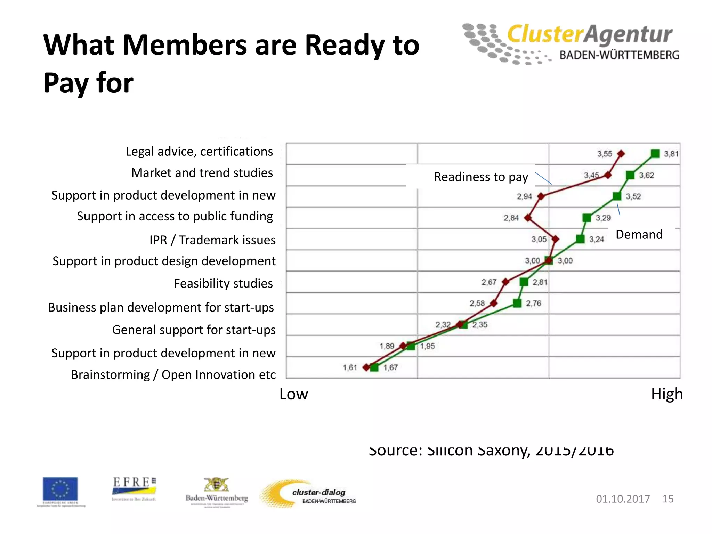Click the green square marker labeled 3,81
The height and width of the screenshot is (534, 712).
(x=655, y=153)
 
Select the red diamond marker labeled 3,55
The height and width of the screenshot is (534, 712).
(x=621, y=153)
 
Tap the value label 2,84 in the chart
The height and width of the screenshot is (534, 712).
(x=511, y=218)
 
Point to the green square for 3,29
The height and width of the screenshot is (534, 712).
(x=587, y=218)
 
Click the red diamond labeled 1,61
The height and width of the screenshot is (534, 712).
(x=366, y=367)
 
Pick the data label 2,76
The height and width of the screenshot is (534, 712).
(x=533, y=303)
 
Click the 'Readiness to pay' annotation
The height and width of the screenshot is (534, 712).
(x=481, y=177)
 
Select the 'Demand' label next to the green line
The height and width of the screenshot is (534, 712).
(x=639, y=234)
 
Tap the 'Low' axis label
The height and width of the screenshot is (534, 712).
(x=293, y=394)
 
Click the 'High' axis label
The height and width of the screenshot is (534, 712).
(x=667, y=394)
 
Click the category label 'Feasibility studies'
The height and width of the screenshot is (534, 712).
(x=223, y=283)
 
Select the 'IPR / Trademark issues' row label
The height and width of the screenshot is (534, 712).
(x=212, y=240)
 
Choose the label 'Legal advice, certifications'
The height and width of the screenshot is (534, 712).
(x=199, y=152)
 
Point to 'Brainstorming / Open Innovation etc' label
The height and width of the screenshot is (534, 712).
(x=173, y=375)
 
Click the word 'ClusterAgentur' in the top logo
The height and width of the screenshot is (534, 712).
(x=590, y=34)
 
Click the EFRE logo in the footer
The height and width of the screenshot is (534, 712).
(x=134, y=487)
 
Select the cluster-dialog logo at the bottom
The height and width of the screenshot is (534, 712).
(x=309, y=494)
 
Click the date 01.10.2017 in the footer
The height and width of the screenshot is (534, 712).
(x=623, y=499)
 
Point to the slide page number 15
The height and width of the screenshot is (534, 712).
(x=668, y=499)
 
